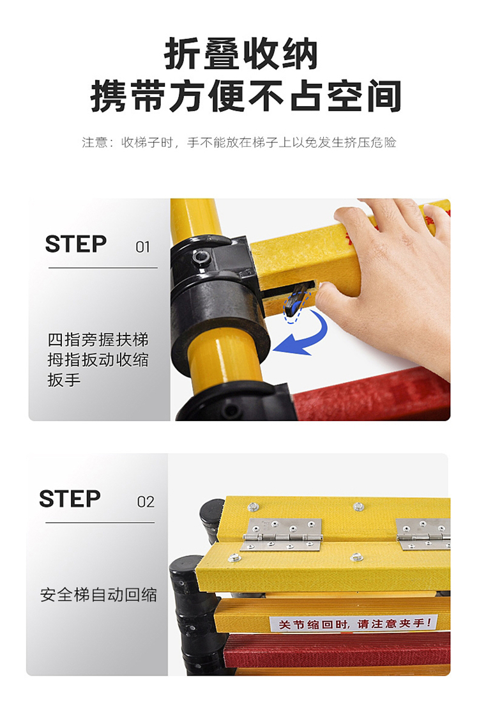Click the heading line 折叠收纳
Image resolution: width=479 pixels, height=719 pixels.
pyautogui.click(x=241, y=54)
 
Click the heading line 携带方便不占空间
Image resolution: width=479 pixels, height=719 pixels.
pyautogui.click(x=246, y=96)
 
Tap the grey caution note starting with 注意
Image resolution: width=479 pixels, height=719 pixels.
pyautogui.click(x=239, y=143)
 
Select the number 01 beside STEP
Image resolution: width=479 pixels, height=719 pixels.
pyautogui.click(x=143, y=247)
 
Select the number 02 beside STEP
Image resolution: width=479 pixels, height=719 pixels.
pyautogui.click(x=146, y=502)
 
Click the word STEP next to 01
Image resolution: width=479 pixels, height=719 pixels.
pyautogui.click(x=76, y=244)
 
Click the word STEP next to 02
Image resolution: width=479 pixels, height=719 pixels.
pyautogui.click(x=70, y=499)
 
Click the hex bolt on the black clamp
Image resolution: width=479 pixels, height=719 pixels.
pyautogui.click(x=201, y=257)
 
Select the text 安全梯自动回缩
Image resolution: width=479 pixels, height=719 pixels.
pyautogui.click(x=98, y=595)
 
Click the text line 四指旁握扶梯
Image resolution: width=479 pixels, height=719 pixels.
pyautogui.click(x=98, y=340)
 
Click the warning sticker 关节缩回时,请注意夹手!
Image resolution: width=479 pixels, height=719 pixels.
pyautogui.click(x=353, y=623)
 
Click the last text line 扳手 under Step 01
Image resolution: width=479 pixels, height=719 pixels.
pyautogui.click(x=64, y=380)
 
